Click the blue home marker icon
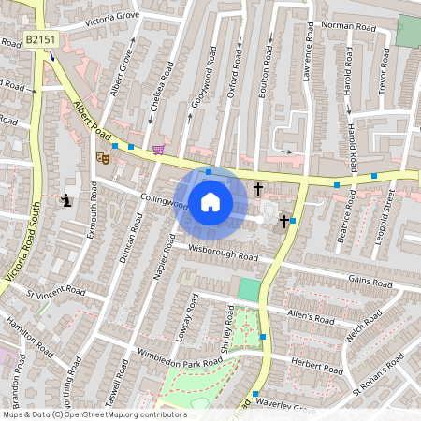click(210, 201)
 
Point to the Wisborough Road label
click(223, 253)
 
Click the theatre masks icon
click(104, 159)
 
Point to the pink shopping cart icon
click(159, 149)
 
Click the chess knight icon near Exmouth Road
click(66, 199)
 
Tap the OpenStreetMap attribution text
click(94, 414)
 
